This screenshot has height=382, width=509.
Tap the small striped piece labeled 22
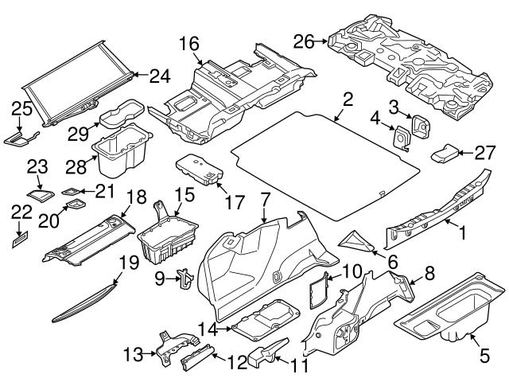coord(18,236)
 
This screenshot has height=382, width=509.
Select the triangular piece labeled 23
coord(37,192)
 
